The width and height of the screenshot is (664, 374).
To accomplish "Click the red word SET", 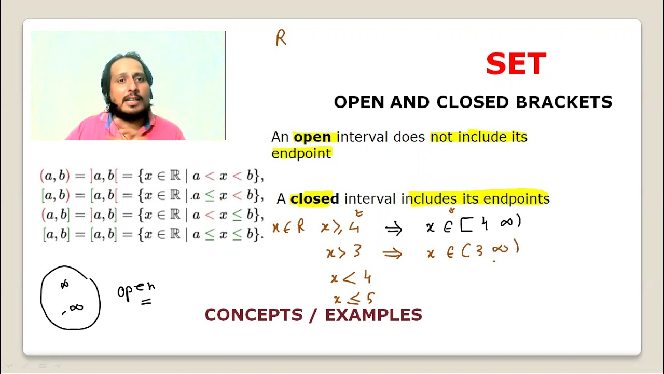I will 516,64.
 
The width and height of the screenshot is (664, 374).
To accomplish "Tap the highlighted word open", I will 312,137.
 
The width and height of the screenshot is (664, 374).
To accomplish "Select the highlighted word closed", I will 314,199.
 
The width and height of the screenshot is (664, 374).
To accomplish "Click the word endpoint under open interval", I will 301,154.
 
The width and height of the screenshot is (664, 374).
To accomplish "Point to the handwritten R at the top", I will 281,38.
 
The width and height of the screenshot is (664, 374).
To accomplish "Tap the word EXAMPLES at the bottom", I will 374,315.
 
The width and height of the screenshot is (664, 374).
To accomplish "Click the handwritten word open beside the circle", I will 136,290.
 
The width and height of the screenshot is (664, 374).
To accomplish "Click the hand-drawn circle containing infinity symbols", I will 71,298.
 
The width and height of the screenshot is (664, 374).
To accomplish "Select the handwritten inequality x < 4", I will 351,278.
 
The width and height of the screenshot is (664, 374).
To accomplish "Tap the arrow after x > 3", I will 392,253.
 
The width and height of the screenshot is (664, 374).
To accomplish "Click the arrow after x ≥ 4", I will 394,229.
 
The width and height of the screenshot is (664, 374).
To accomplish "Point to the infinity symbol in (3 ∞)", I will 501,250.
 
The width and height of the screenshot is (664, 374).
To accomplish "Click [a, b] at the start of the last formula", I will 56,234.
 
